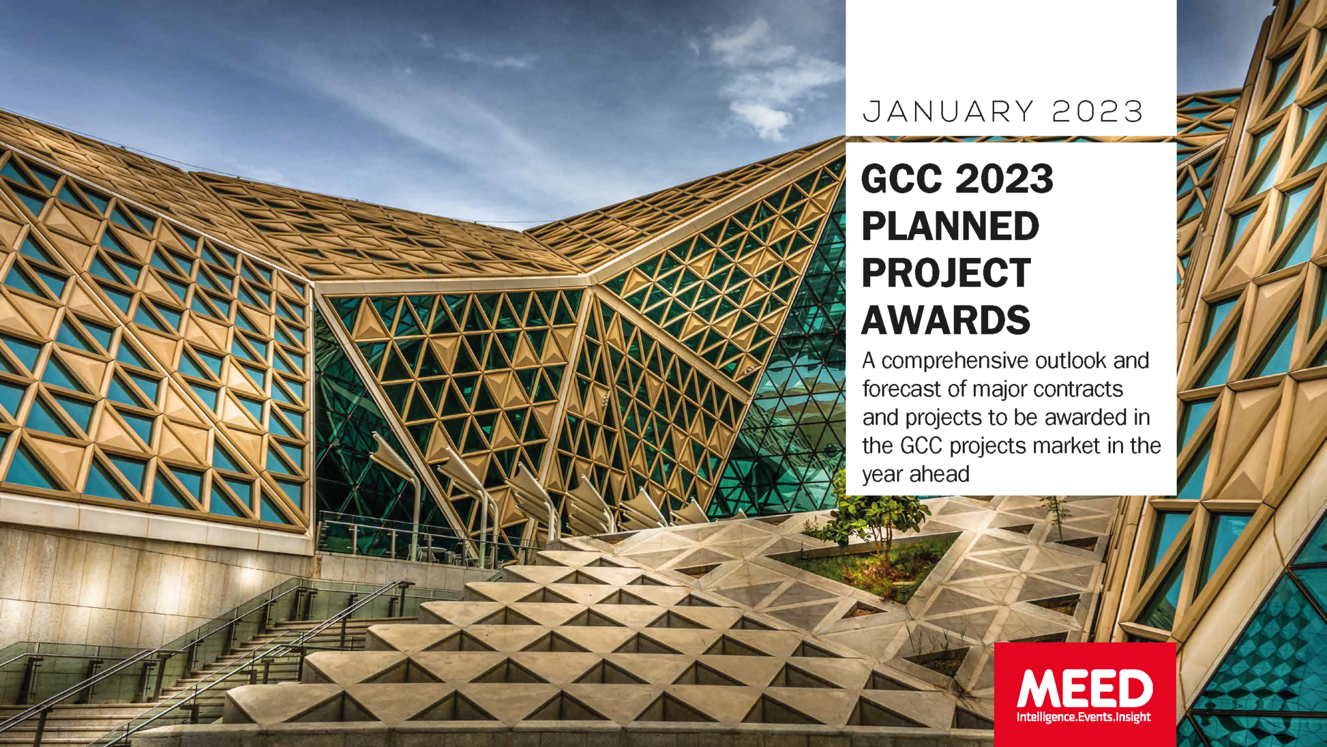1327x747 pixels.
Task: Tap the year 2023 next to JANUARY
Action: [1098, 112]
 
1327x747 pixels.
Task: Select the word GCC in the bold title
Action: [902, 179]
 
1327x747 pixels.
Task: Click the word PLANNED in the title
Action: [950, 226]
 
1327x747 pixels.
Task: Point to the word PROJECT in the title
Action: [946, 272]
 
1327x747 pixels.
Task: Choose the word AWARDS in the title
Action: [945, 320]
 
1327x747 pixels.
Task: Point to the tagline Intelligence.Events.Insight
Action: [1084, 717]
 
